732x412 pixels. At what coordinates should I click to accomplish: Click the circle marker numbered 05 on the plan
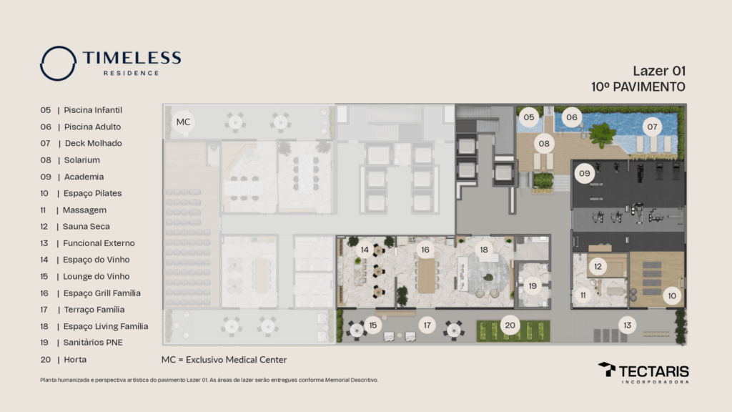coord(529,117)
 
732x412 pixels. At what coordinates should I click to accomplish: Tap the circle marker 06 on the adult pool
coord(572,117)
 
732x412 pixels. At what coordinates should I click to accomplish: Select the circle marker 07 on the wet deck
coord(652,127)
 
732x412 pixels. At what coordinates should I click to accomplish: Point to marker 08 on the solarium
coord(545,144)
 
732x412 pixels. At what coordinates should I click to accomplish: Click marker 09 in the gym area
coord(585,173)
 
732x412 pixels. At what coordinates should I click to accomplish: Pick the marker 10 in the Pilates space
coord(672,295)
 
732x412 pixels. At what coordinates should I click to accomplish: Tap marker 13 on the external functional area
coord(628,325)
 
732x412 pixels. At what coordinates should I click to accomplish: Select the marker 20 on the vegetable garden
coord(510,325)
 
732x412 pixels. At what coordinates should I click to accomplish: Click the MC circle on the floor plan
coord(183,122)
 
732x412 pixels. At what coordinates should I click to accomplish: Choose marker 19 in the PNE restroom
coord(533,286)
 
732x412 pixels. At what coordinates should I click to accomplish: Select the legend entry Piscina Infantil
coord(92,111)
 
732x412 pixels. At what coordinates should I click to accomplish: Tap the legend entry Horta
coord(74,359)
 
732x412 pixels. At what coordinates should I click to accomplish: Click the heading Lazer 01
coord(659,71)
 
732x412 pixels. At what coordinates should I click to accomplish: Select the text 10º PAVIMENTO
coord(638,87)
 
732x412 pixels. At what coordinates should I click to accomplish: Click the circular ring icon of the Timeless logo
coord(58,63)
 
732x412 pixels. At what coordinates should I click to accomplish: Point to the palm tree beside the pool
coord(602,133)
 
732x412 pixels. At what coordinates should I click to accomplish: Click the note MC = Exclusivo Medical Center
coord(224,359)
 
